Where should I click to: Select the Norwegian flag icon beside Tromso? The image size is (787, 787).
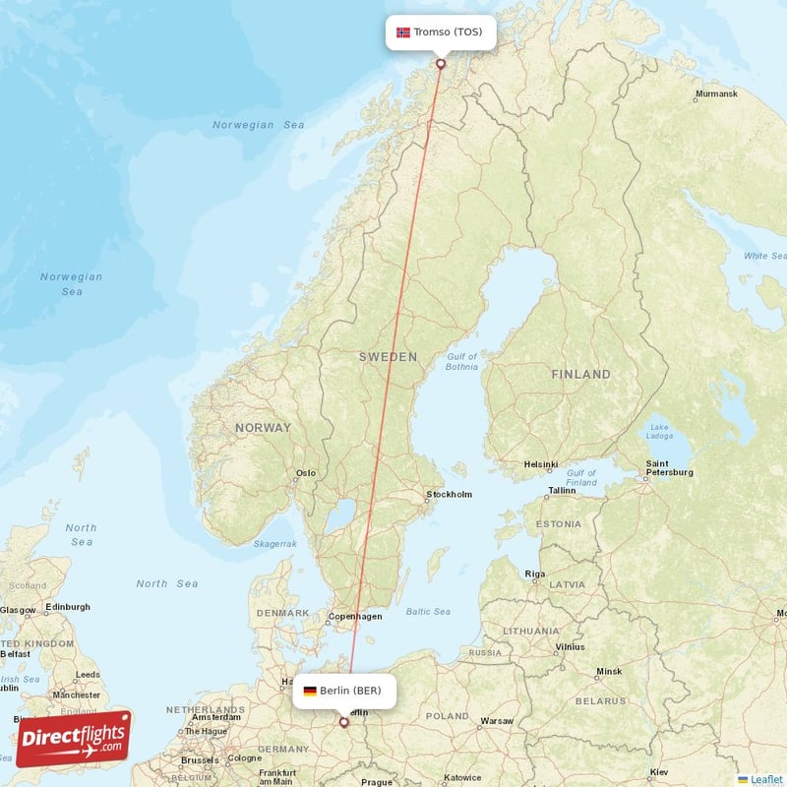pos(403,32)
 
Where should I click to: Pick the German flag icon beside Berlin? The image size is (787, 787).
pos(310,691)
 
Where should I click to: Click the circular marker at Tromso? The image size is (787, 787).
pos(441,64)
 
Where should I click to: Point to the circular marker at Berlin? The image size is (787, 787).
pos(343,722)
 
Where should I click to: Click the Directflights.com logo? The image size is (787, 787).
pos(74,739)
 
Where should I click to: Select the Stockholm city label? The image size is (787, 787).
pos(449,495)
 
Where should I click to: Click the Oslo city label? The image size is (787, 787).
pos(306,473)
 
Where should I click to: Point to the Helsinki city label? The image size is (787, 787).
pos(541,464)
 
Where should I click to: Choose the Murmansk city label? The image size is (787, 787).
pos(716,94)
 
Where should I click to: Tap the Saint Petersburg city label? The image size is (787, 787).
pos(669,467)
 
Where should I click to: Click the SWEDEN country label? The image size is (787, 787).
pos(388,357)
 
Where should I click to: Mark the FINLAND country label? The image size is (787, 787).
pos(580,375)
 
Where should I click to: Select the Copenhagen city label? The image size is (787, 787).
pos(356,617)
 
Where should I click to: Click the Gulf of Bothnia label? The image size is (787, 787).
pos(461,362)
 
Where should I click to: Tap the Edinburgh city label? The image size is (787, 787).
pos(67,607)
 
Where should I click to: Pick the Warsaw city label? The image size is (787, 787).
pos(497,721)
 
